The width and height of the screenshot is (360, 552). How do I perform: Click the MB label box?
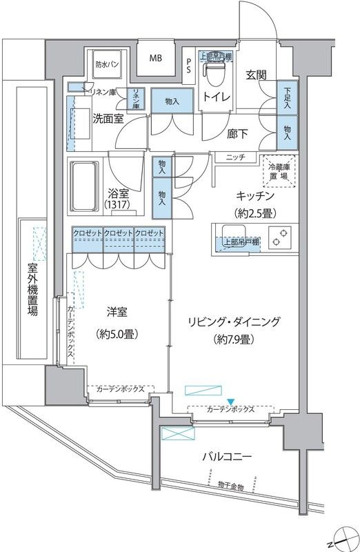[x=155, y=58]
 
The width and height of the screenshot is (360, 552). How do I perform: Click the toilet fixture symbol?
[x=213, y=69]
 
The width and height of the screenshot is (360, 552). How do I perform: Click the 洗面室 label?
[x=108, y=118]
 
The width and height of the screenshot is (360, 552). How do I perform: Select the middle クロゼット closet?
[x=119, y=234]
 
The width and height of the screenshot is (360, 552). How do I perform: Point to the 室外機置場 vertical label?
[x=32, y=290]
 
